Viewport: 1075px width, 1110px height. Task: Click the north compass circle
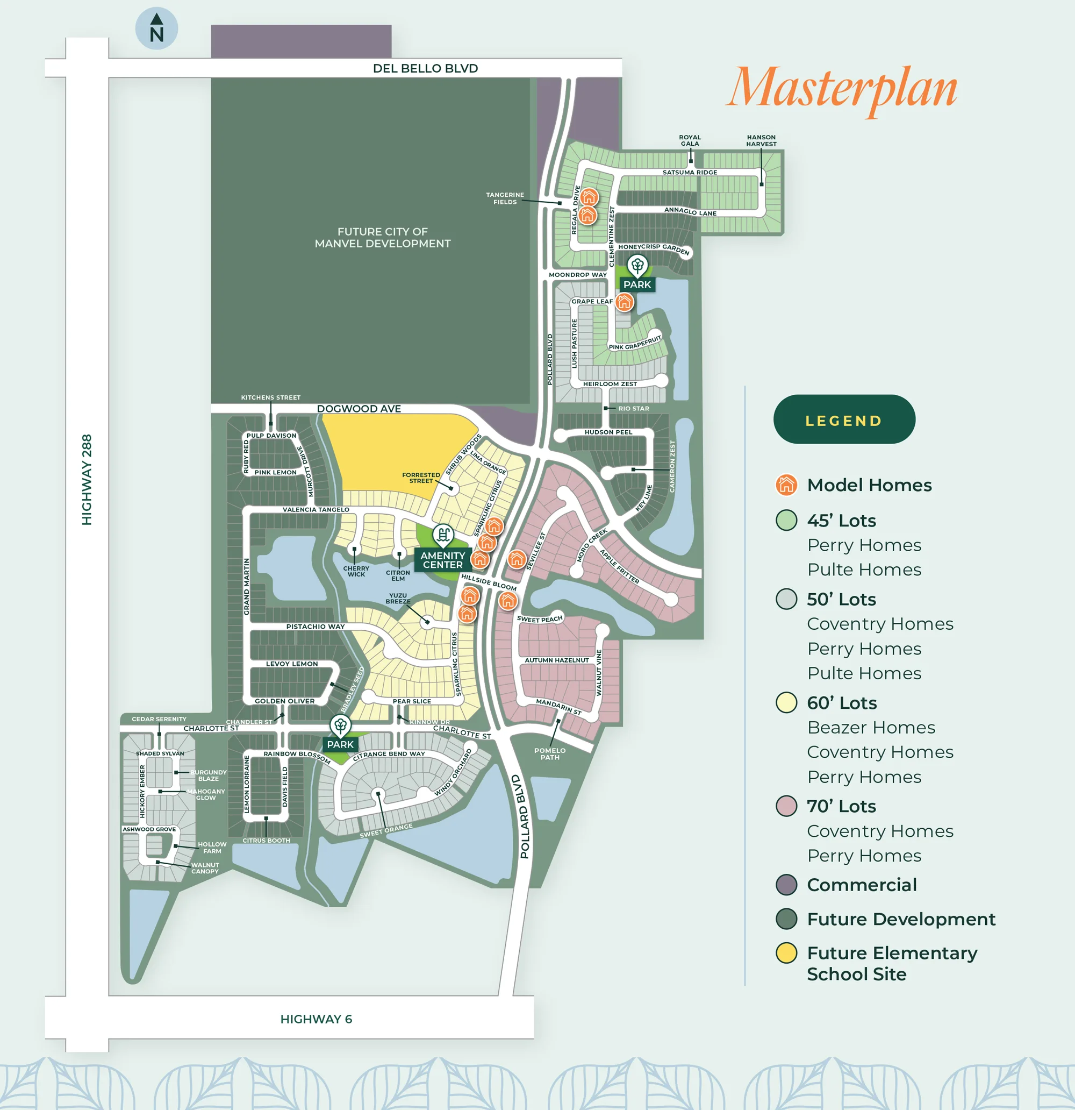156,29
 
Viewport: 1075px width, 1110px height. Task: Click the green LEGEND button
843,419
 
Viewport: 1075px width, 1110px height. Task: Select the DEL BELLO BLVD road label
425,68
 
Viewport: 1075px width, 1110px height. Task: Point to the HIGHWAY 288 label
87,479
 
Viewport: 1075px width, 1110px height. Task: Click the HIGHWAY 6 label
316,1019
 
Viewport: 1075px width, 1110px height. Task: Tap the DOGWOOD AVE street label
359,408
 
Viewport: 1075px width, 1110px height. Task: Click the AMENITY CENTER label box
443,560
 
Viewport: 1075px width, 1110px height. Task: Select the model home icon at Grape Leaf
625,302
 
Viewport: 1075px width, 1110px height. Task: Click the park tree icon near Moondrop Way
637,265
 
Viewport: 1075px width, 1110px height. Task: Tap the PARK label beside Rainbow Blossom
340,745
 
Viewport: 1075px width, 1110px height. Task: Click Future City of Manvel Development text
383,237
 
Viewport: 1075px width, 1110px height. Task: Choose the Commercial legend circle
786,885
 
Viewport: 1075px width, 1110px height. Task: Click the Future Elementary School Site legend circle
786,952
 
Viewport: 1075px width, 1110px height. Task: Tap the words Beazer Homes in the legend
871,727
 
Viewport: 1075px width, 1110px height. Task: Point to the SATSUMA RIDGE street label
690,172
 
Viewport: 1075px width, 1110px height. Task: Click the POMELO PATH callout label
550,754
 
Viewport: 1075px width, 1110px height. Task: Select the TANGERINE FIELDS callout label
505,198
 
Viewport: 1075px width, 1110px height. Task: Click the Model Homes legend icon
786,485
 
